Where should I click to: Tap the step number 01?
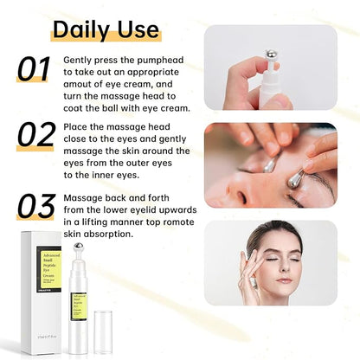(35, 70)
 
